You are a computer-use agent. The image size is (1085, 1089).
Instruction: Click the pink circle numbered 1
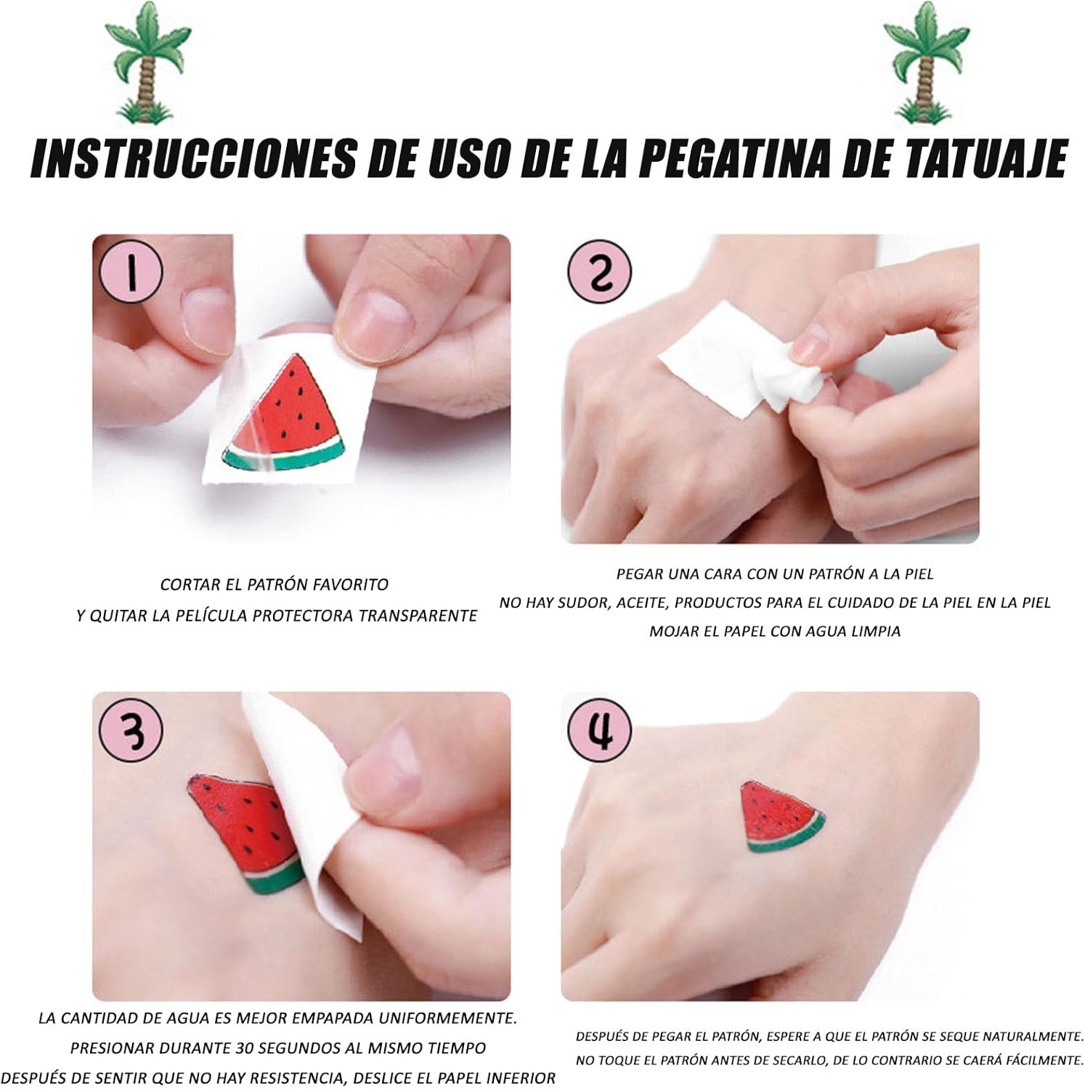point(131,270)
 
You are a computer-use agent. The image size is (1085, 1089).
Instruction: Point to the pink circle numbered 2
point(598,273)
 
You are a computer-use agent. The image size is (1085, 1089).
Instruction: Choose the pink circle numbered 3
point(131,730)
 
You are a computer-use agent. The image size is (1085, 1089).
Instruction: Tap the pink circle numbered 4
point(599,730)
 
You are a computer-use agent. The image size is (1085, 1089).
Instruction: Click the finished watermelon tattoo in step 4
point(780,816)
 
